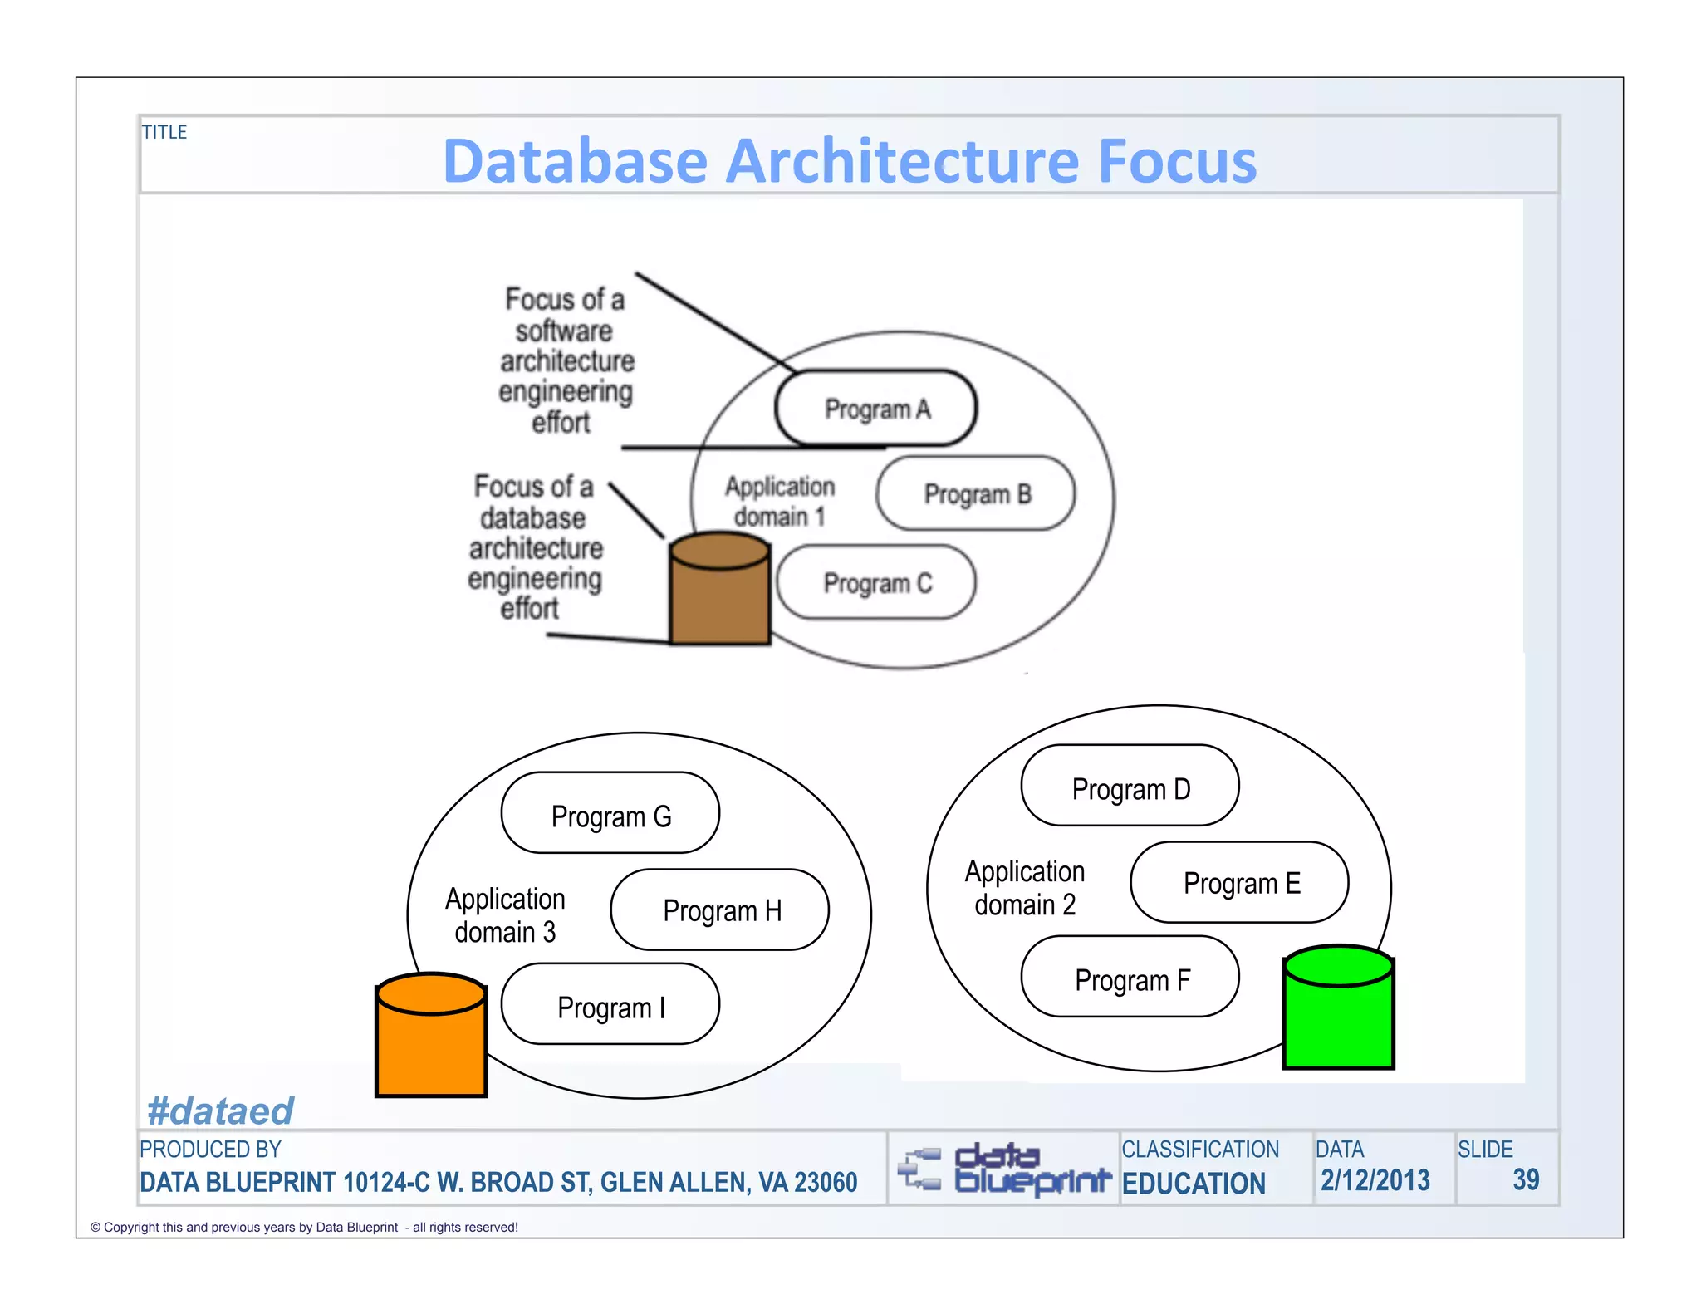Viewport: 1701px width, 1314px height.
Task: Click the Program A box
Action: point(875,409)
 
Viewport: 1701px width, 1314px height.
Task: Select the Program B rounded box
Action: point(975,494)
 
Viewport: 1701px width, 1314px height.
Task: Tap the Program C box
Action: point(875,583)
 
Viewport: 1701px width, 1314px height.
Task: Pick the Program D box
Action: point(1130,787)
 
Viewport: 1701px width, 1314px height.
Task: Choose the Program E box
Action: point(1238,883)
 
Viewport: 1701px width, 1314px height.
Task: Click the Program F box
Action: point(1130,978)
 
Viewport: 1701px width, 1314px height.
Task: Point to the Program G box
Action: point(610,814)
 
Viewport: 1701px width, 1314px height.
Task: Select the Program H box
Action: point(719,910)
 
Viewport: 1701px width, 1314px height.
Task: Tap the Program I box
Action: point(610,1006)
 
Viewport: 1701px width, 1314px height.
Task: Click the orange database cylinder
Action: point(430,1038)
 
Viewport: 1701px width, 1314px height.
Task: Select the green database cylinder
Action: point(1338,1010)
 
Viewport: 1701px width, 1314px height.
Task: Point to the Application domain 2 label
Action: point(1025,887)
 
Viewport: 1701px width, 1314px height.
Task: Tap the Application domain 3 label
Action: point(505,914)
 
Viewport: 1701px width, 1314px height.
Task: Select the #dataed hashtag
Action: point(220,1111)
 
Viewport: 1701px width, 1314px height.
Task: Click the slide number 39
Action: point(1526,1179)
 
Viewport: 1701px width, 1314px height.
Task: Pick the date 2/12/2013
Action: point(1375,1180)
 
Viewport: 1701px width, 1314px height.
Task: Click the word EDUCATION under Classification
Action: point(1194,1184)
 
